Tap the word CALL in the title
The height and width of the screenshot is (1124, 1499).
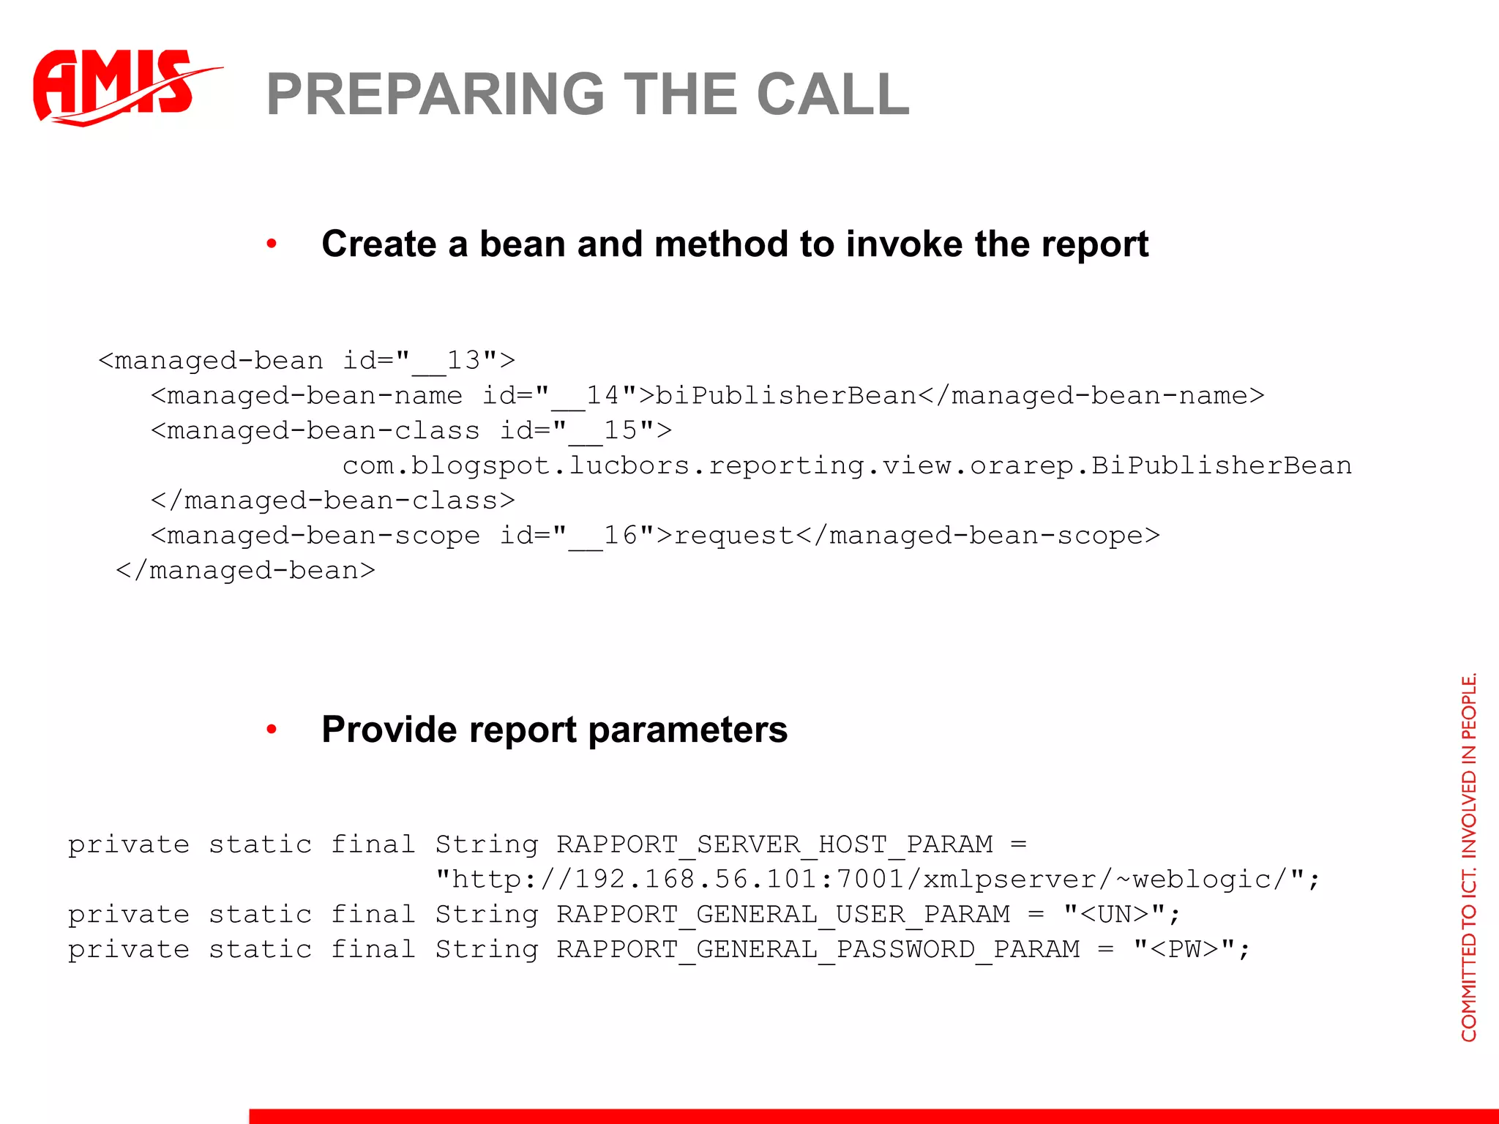coord(833,94)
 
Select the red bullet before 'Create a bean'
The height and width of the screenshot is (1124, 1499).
coord(272,244)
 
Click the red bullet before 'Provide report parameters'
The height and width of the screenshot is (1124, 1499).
coord(272,729)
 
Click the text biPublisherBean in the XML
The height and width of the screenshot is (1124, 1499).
coord(785,395)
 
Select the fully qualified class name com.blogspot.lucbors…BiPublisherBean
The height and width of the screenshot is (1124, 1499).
coord(847,465)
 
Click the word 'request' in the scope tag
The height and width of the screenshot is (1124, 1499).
coord(733,536)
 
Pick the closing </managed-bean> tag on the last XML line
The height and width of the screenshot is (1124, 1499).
coord(245,570)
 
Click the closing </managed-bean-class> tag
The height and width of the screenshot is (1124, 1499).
coord(333,501)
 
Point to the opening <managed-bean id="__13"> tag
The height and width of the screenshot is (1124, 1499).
coord(307,360)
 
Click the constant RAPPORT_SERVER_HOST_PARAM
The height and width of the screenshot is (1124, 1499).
coord(774,844)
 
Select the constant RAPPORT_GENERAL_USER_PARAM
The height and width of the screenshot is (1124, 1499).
coord(783,915)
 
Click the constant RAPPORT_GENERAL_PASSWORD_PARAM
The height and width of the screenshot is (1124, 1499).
coord(818,950)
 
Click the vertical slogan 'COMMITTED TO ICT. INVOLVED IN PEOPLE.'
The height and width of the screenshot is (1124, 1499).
coord(1469,856)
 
